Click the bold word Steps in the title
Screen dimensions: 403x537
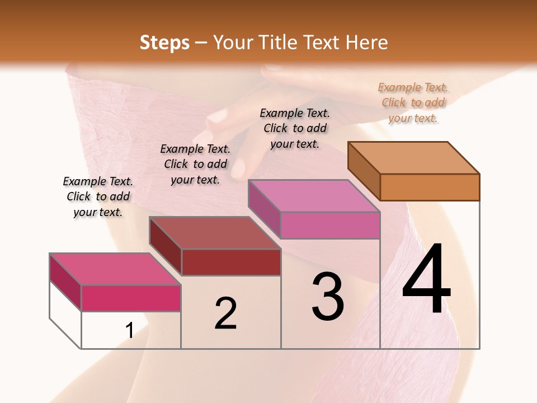164,43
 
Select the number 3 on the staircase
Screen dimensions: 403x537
328,297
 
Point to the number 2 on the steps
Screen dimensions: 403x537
226,313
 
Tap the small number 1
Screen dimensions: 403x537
129,331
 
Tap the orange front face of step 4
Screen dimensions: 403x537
430,187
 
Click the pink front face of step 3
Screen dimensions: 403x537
330,225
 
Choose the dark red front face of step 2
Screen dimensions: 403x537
231,262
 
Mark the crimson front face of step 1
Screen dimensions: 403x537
131,298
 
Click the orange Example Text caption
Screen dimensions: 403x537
413,102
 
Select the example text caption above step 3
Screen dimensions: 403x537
295,128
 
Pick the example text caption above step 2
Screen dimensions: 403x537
195,164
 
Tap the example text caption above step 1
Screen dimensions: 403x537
98,196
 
